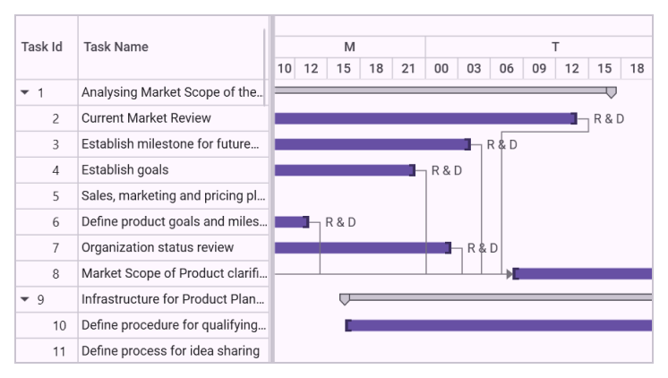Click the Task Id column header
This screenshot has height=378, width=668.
coord(42,47)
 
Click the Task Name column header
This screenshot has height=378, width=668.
coord(116,47)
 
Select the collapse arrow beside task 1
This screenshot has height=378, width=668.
coord(29,92)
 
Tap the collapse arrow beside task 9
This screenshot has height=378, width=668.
coord(29,299)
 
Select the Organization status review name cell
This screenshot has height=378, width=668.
coord(157,247)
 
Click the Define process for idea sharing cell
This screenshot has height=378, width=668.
coord(170,350)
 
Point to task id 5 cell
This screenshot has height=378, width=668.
coord(56,195)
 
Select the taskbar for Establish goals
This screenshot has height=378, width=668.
coord(344,170)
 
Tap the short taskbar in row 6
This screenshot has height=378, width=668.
coord(291,221)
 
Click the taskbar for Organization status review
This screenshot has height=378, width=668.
coord(362,247)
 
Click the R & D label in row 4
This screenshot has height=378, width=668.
coord(447,170)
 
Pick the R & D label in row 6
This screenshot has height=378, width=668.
coord(340,221)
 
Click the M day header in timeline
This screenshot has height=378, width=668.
coord(350,46)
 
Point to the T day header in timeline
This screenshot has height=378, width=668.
coord(555,46)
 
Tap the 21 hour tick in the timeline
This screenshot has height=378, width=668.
coord(408,68)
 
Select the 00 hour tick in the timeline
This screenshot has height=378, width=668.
coord(441,68)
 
